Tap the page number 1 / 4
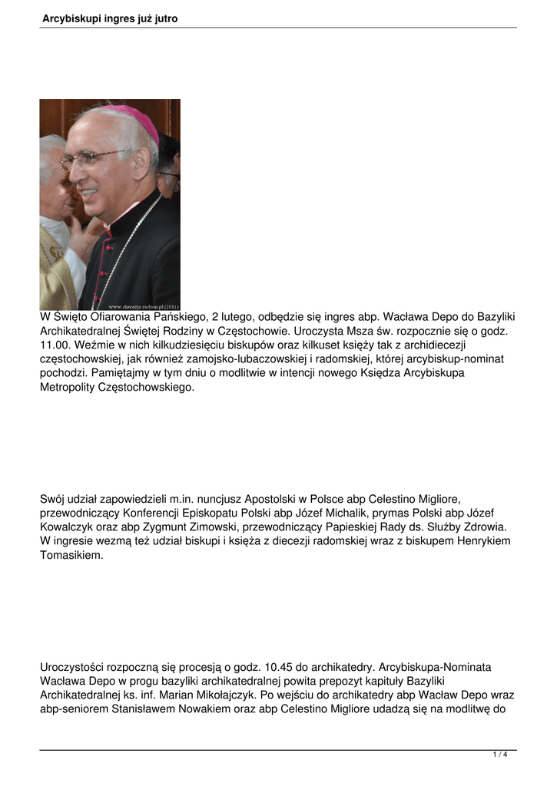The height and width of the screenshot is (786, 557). point(500,755)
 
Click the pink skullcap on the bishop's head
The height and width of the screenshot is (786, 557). point(134,120)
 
